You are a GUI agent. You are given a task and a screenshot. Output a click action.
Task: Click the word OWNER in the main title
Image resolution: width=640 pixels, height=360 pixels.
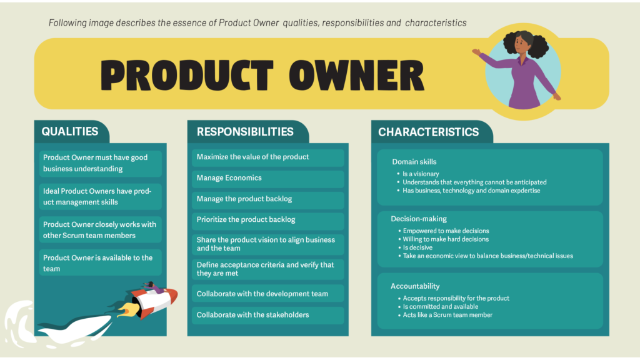[356, 76]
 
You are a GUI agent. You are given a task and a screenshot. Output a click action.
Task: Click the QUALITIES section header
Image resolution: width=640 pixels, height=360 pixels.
[70, 131]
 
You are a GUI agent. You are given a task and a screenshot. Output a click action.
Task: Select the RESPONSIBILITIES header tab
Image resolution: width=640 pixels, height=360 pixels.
[245, 131]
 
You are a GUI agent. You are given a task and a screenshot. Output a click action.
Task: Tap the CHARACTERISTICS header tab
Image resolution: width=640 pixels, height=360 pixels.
[429, 132]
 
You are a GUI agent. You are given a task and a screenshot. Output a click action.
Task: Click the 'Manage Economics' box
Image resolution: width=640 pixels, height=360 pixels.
[267, 178]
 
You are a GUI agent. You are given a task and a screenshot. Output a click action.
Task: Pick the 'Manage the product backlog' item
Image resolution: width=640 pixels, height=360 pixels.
[267, 199]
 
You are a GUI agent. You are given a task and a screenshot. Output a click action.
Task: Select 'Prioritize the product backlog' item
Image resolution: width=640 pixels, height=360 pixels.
[267, 220]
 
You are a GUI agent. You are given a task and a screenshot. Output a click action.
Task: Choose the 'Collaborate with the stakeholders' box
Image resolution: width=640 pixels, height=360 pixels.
[267, 315]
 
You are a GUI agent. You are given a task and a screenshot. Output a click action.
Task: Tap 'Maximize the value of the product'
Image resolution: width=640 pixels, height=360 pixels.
[267, 157]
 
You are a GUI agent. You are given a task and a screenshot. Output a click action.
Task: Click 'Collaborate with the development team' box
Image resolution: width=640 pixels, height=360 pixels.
[267, 294]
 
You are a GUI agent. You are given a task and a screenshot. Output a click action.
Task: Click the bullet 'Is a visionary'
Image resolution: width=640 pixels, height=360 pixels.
[421, 174]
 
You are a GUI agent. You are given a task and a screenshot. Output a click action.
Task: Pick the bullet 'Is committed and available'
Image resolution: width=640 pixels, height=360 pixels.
[441, 306]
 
